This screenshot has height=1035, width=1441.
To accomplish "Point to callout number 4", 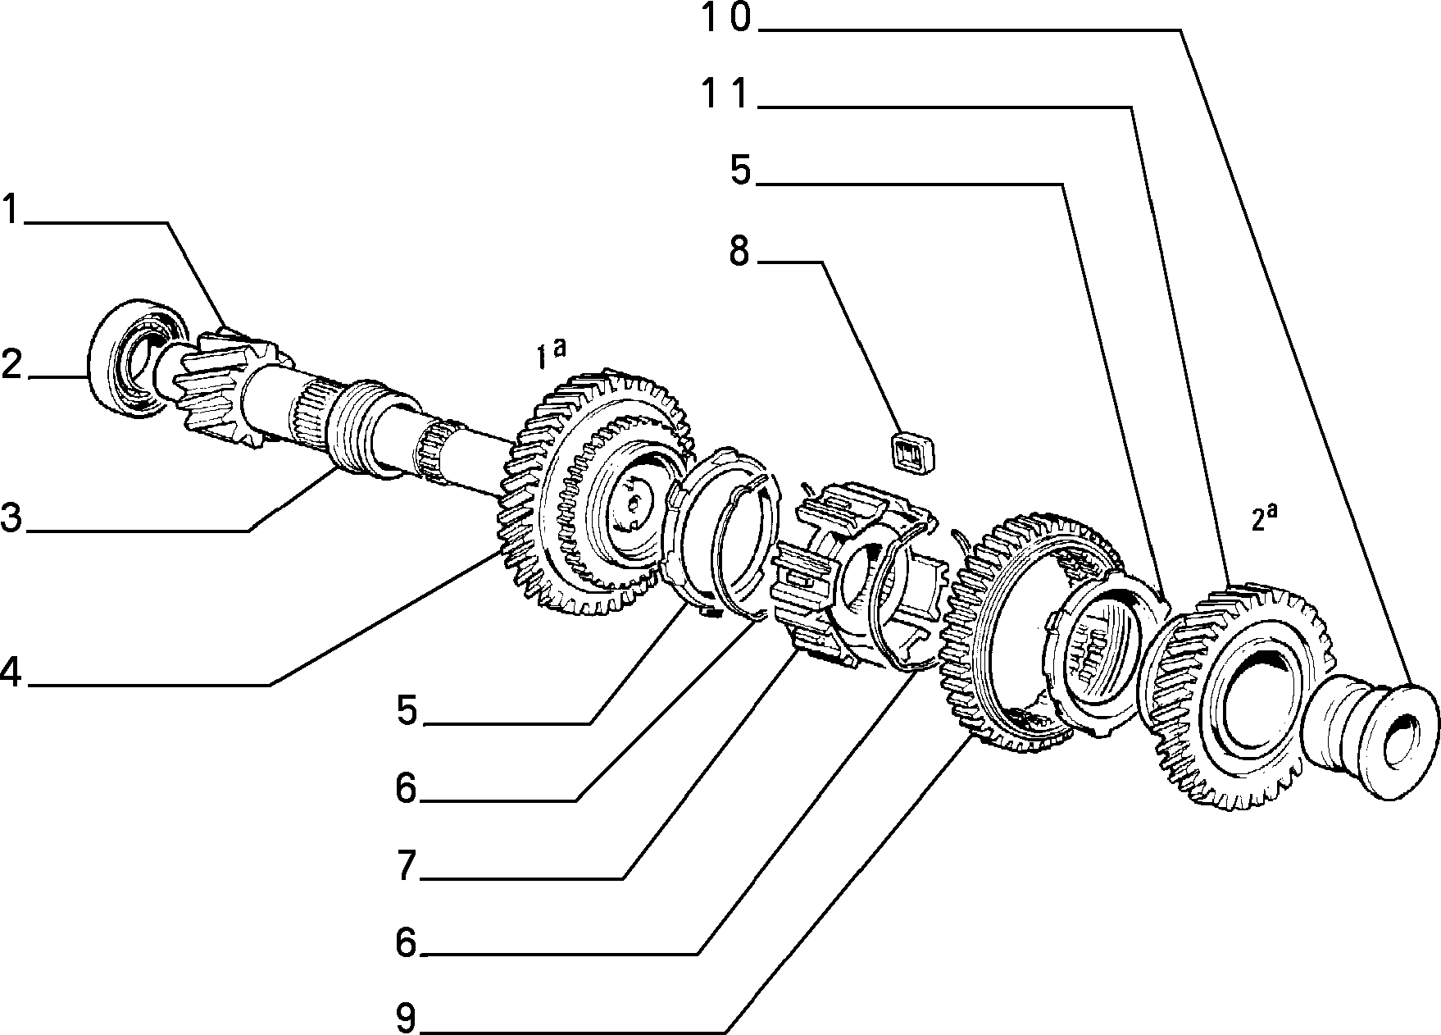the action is (11, 672).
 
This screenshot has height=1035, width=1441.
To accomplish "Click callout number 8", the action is (739, 251).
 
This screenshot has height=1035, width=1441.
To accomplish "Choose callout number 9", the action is (407, 1018).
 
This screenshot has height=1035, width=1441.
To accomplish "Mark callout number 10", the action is (727, 18).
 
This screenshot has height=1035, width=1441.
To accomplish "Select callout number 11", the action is (727, 95).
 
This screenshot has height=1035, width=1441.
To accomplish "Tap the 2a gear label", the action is (1264, 517).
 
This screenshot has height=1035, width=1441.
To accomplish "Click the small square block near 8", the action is (914, 453).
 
